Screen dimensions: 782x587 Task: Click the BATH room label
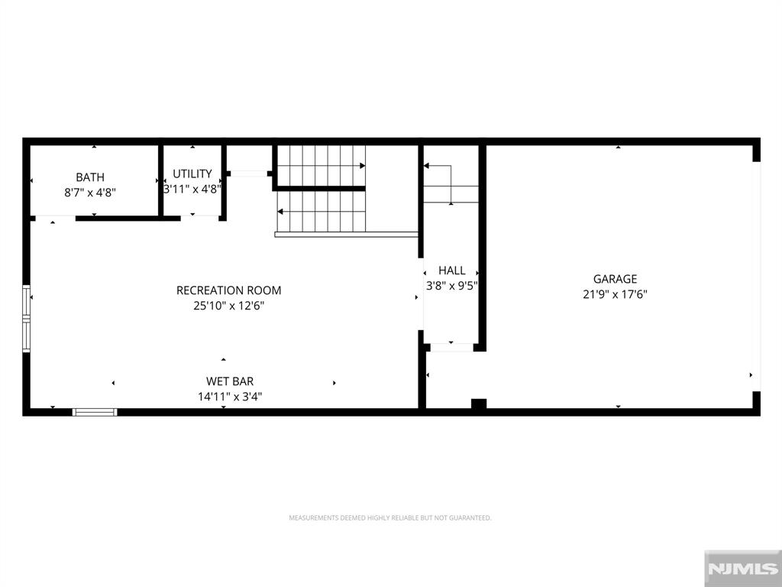90,177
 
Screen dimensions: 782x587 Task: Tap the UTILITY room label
192,174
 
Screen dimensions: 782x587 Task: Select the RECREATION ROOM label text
229,290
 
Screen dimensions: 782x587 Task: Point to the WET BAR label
230,381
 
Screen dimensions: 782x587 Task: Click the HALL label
452,271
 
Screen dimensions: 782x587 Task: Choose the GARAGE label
615,279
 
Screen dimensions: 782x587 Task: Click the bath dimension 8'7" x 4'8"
90,192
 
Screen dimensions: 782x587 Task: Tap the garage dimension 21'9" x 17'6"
615,294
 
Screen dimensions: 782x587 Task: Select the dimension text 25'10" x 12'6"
229,306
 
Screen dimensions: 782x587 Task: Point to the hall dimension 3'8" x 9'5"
452,286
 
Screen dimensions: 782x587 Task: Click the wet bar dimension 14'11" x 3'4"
230,397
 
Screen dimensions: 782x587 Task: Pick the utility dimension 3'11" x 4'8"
192,190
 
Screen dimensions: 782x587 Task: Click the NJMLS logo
742,569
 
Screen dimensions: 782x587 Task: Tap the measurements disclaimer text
390,518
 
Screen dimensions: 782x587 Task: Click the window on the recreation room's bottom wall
95,412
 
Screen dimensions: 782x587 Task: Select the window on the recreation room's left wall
27,319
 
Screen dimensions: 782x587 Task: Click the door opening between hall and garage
451,348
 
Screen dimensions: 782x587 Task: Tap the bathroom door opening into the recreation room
55,218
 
